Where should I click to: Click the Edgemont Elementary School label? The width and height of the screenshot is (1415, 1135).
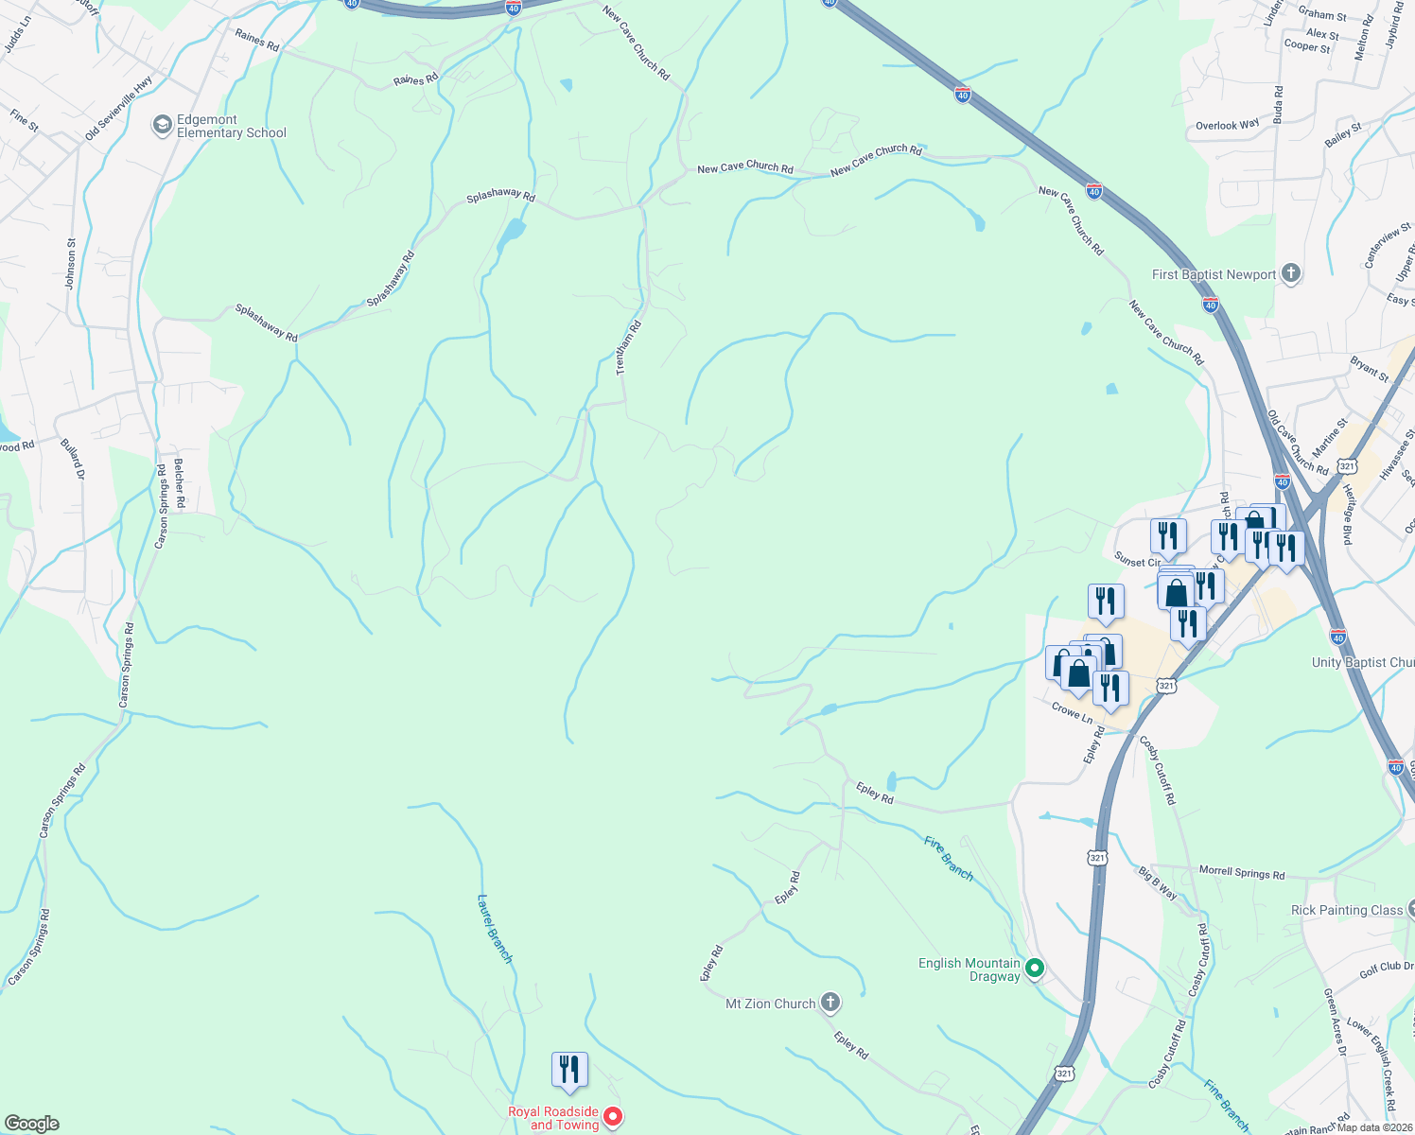pos(231,127)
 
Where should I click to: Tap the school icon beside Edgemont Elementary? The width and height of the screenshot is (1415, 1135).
pos(162,124)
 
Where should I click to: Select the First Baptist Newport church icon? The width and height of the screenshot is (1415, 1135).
pos(1291,274)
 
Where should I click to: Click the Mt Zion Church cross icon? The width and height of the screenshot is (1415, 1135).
pos(830,1003)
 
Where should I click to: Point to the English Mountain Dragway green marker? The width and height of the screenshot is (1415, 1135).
pos(1035,968)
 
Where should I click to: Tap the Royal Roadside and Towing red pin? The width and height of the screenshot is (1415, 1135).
pos(613,1118)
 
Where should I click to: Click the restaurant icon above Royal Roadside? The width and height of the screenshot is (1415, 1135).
pos(569,1070)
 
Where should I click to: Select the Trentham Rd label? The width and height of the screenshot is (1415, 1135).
pos(629,348)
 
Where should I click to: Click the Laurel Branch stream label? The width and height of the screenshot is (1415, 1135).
pos(495,929)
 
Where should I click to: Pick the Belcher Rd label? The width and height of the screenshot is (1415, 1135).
pos(179,483)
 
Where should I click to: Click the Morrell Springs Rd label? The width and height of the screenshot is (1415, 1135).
pos(1242,872)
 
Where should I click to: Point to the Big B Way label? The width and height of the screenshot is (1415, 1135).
pos(1158,882)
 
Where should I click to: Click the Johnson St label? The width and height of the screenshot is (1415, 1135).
pos(71,263)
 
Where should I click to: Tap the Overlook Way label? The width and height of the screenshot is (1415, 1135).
pos(1228,125)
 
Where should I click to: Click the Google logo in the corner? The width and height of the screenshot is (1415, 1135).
pos(32,1124)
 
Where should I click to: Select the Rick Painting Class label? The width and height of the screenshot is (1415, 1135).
pos(1347,910)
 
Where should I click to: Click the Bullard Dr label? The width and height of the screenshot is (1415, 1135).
pos(73,459)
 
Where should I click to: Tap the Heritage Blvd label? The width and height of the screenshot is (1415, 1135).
pos(1348,515)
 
